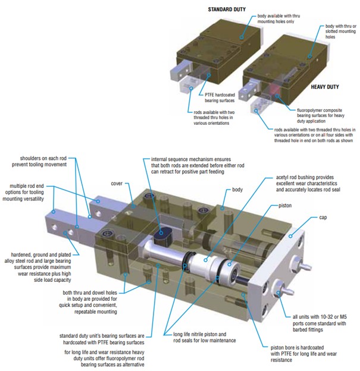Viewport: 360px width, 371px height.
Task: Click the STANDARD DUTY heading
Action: [227, 10]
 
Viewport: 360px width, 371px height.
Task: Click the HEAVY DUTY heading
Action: [325, 87]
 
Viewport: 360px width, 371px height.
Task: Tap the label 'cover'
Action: [117, 183]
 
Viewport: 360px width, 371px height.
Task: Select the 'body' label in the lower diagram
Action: [237, 190]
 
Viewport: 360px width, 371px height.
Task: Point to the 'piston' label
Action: [285, 206]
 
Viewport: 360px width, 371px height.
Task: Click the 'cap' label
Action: [323, 218]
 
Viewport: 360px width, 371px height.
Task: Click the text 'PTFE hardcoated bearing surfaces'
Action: [220, 98]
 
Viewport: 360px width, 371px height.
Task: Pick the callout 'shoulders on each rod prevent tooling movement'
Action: [39, 161]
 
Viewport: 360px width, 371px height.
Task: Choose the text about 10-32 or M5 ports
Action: [320, 323]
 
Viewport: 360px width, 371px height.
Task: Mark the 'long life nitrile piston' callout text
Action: [204, 337]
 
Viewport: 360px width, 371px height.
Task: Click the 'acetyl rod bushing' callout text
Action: [308, 183]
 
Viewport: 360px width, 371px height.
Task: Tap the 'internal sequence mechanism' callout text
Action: [198, 165]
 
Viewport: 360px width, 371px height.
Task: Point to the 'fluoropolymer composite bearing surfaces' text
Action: [321, 116]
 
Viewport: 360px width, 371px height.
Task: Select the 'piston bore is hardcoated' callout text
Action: [303, 354]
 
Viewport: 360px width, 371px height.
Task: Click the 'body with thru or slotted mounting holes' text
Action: [340, 32]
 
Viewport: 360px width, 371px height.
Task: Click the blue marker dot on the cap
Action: [290, 236]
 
